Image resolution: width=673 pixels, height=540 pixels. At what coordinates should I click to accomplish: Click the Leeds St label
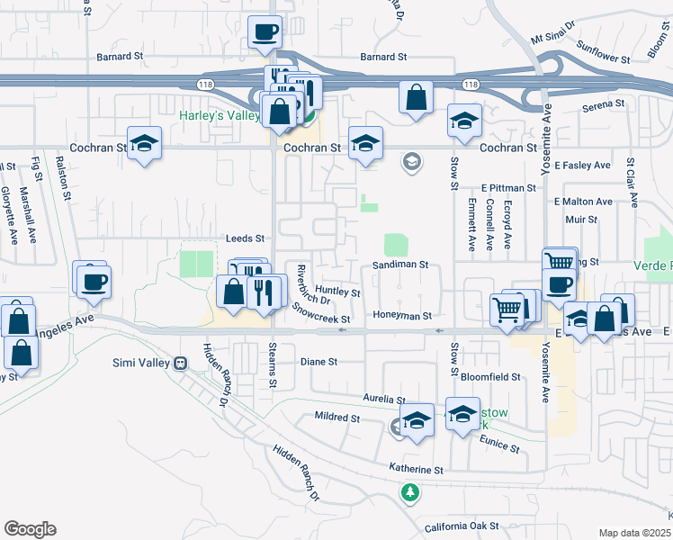tap(247, 238)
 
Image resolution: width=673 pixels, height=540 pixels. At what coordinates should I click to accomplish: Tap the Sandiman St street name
tap(399, 266)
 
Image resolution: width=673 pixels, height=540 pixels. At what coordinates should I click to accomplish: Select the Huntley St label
tap(337, 292)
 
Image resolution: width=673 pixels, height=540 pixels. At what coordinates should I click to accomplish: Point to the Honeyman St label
tap(403, 316)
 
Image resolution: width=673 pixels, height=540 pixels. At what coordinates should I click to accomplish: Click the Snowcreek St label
tap(320, 319)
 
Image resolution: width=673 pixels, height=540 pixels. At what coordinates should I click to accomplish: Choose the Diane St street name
tap(319, 362)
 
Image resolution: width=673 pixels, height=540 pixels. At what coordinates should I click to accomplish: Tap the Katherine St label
tap(417, 470)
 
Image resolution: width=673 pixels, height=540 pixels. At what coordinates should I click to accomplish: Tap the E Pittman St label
tap(508, 188)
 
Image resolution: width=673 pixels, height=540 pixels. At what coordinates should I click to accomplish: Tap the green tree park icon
tap(410, 492)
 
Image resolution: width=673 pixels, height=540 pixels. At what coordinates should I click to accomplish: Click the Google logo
tap(30, 529)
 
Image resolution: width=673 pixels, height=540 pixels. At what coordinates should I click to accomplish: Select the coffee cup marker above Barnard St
tap(265, 33)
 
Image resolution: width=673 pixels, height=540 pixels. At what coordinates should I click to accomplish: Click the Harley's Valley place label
tap(219, 116)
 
